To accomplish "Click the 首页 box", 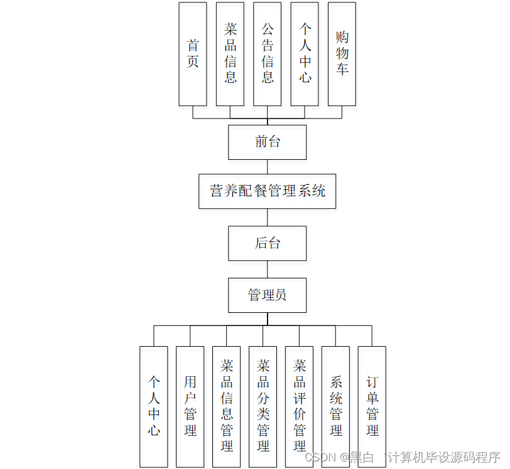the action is (192, 54).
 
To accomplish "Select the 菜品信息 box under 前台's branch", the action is (230, 54).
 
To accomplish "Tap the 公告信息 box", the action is (267, 54).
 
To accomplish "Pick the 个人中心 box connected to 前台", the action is (305, 54).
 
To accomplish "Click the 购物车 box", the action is (342, 54).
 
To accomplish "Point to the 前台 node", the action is (267, 142).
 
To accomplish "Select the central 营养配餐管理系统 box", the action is (267, 191).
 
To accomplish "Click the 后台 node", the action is (267, 243).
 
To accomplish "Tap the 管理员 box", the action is (267, 295).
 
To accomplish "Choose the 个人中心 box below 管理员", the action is (153, 406).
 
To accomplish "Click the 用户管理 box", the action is (190, 406).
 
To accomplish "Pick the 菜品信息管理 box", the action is (226, 406).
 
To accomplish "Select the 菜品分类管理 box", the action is (263, 406).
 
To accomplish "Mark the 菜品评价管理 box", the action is (299, 406).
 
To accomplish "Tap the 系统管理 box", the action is (335, 406).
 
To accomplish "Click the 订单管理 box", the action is (372, 406).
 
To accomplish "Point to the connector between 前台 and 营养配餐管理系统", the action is (268, 167).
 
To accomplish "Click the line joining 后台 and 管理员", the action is (268, 269).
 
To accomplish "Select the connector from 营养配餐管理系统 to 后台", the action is (268, 218).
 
